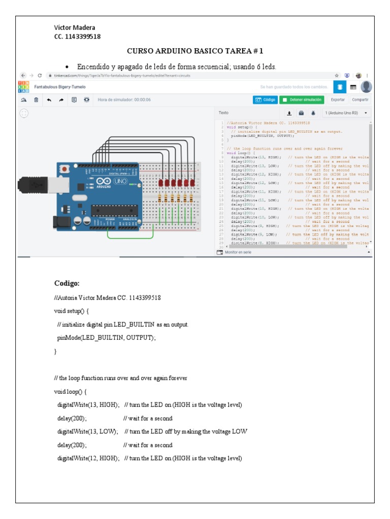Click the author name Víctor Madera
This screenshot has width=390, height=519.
coord(75,27)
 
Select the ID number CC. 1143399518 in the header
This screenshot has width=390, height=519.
coord(77,36)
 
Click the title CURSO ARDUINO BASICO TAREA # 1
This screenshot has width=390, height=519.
coord(194,51)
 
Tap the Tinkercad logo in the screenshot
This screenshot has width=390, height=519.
coord(23,87)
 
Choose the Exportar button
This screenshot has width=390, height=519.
coord(338,100)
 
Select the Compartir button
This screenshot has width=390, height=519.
coord(360,100)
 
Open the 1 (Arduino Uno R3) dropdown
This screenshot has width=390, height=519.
coord(346,113)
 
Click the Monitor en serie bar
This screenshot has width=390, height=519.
coord(239,252)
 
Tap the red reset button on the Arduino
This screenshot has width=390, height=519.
coord(65,168)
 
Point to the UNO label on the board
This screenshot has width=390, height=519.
coord(120,181)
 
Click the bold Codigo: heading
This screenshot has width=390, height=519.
coord(67,283)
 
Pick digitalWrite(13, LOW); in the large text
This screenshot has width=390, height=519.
coord(87,431)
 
